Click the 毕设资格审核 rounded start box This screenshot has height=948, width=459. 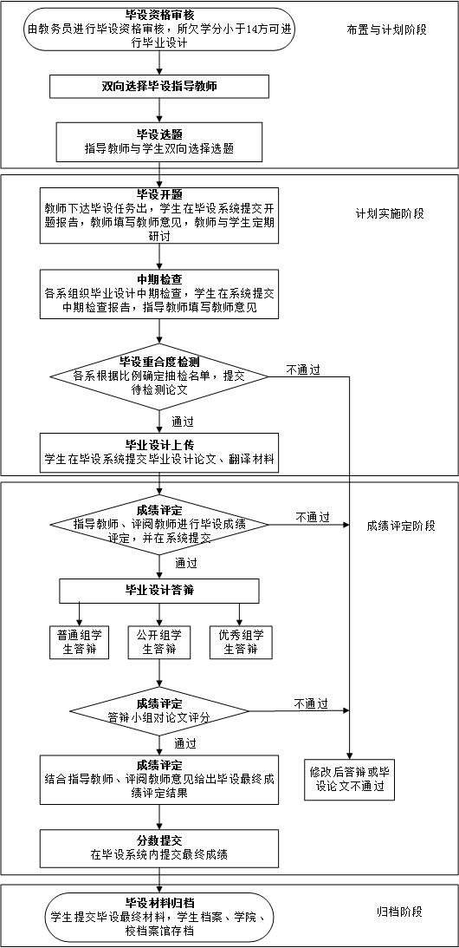click(159, 29)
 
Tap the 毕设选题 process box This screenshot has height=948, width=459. click(159, 142)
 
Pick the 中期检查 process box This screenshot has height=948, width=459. click(159, 294)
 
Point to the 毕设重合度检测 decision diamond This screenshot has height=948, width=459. click(159, 376)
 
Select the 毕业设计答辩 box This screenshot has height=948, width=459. click(159, 591)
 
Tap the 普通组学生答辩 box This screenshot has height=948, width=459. click(79, 643)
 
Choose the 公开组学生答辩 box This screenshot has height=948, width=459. click(159, 643)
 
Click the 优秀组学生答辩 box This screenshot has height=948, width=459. click(241, 643)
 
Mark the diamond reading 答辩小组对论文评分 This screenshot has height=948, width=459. click(159, 710)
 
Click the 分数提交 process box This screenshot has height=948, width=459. click(159, 848)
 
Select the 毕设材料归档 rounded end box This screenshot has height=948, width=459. click(159, 917)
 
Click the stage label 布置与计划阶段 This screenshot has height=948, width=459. click(387, 29)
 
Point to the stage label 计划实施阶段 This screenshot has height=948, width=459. click(390, 213)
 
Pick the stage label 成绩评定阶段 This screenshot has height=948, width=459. click(400, 526)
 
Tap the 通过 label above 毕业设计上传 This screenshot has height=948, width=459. click(183, 421)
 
